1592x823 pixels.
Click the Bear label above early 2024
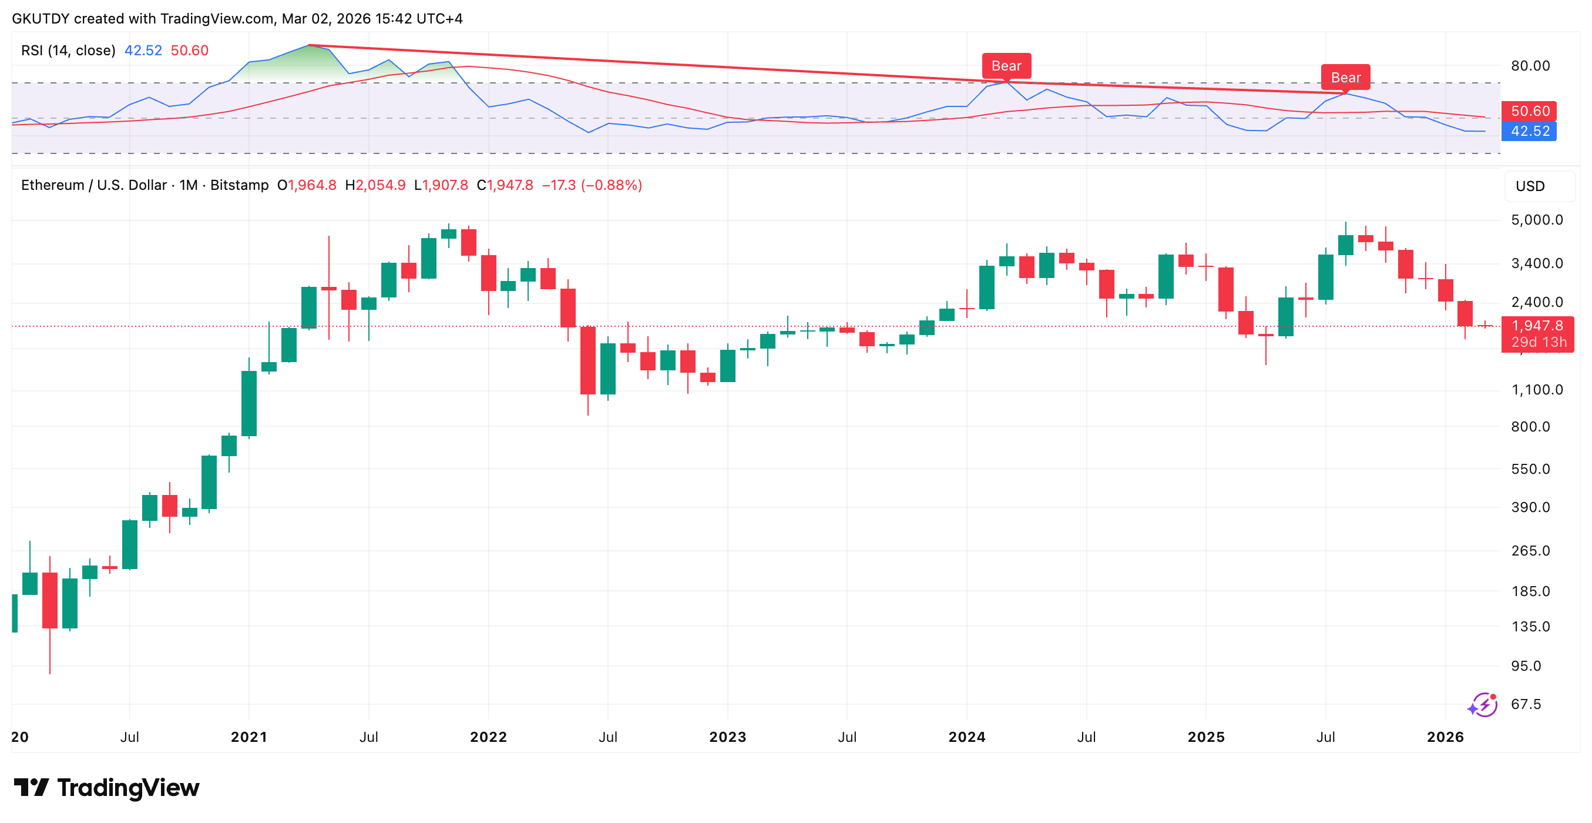[1006, 65]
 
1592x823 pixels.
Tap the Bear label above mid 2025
[1345, 77]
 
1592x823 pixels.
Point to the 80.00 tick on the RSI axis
[1530, 65]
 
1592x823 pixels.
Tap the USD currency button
[1530, 186]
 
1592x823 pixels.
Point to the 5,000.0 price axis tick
[1536, 220]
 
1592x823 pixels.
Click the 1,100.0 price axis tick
[1536, 390]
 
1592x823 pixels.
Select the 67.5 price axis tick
[1526, 704]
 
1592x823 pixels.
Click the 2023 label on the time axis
[727, 737]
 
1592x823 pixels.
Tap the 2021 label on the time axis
[248, 737]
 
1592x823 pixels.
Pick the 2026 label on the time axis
[1445, 737]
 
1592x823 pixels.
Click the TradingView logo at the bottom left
[106, 788]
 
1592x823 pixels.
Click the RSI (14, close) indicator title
[68, 51]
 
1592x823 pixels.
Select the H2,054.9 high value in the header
[375, 186]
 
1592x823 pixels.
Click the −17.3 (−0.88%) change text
[592, 186]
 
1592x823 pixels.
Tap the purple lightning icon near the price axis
[1483, 705]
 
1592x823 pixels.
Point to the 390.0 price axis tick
[1530, 508]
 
